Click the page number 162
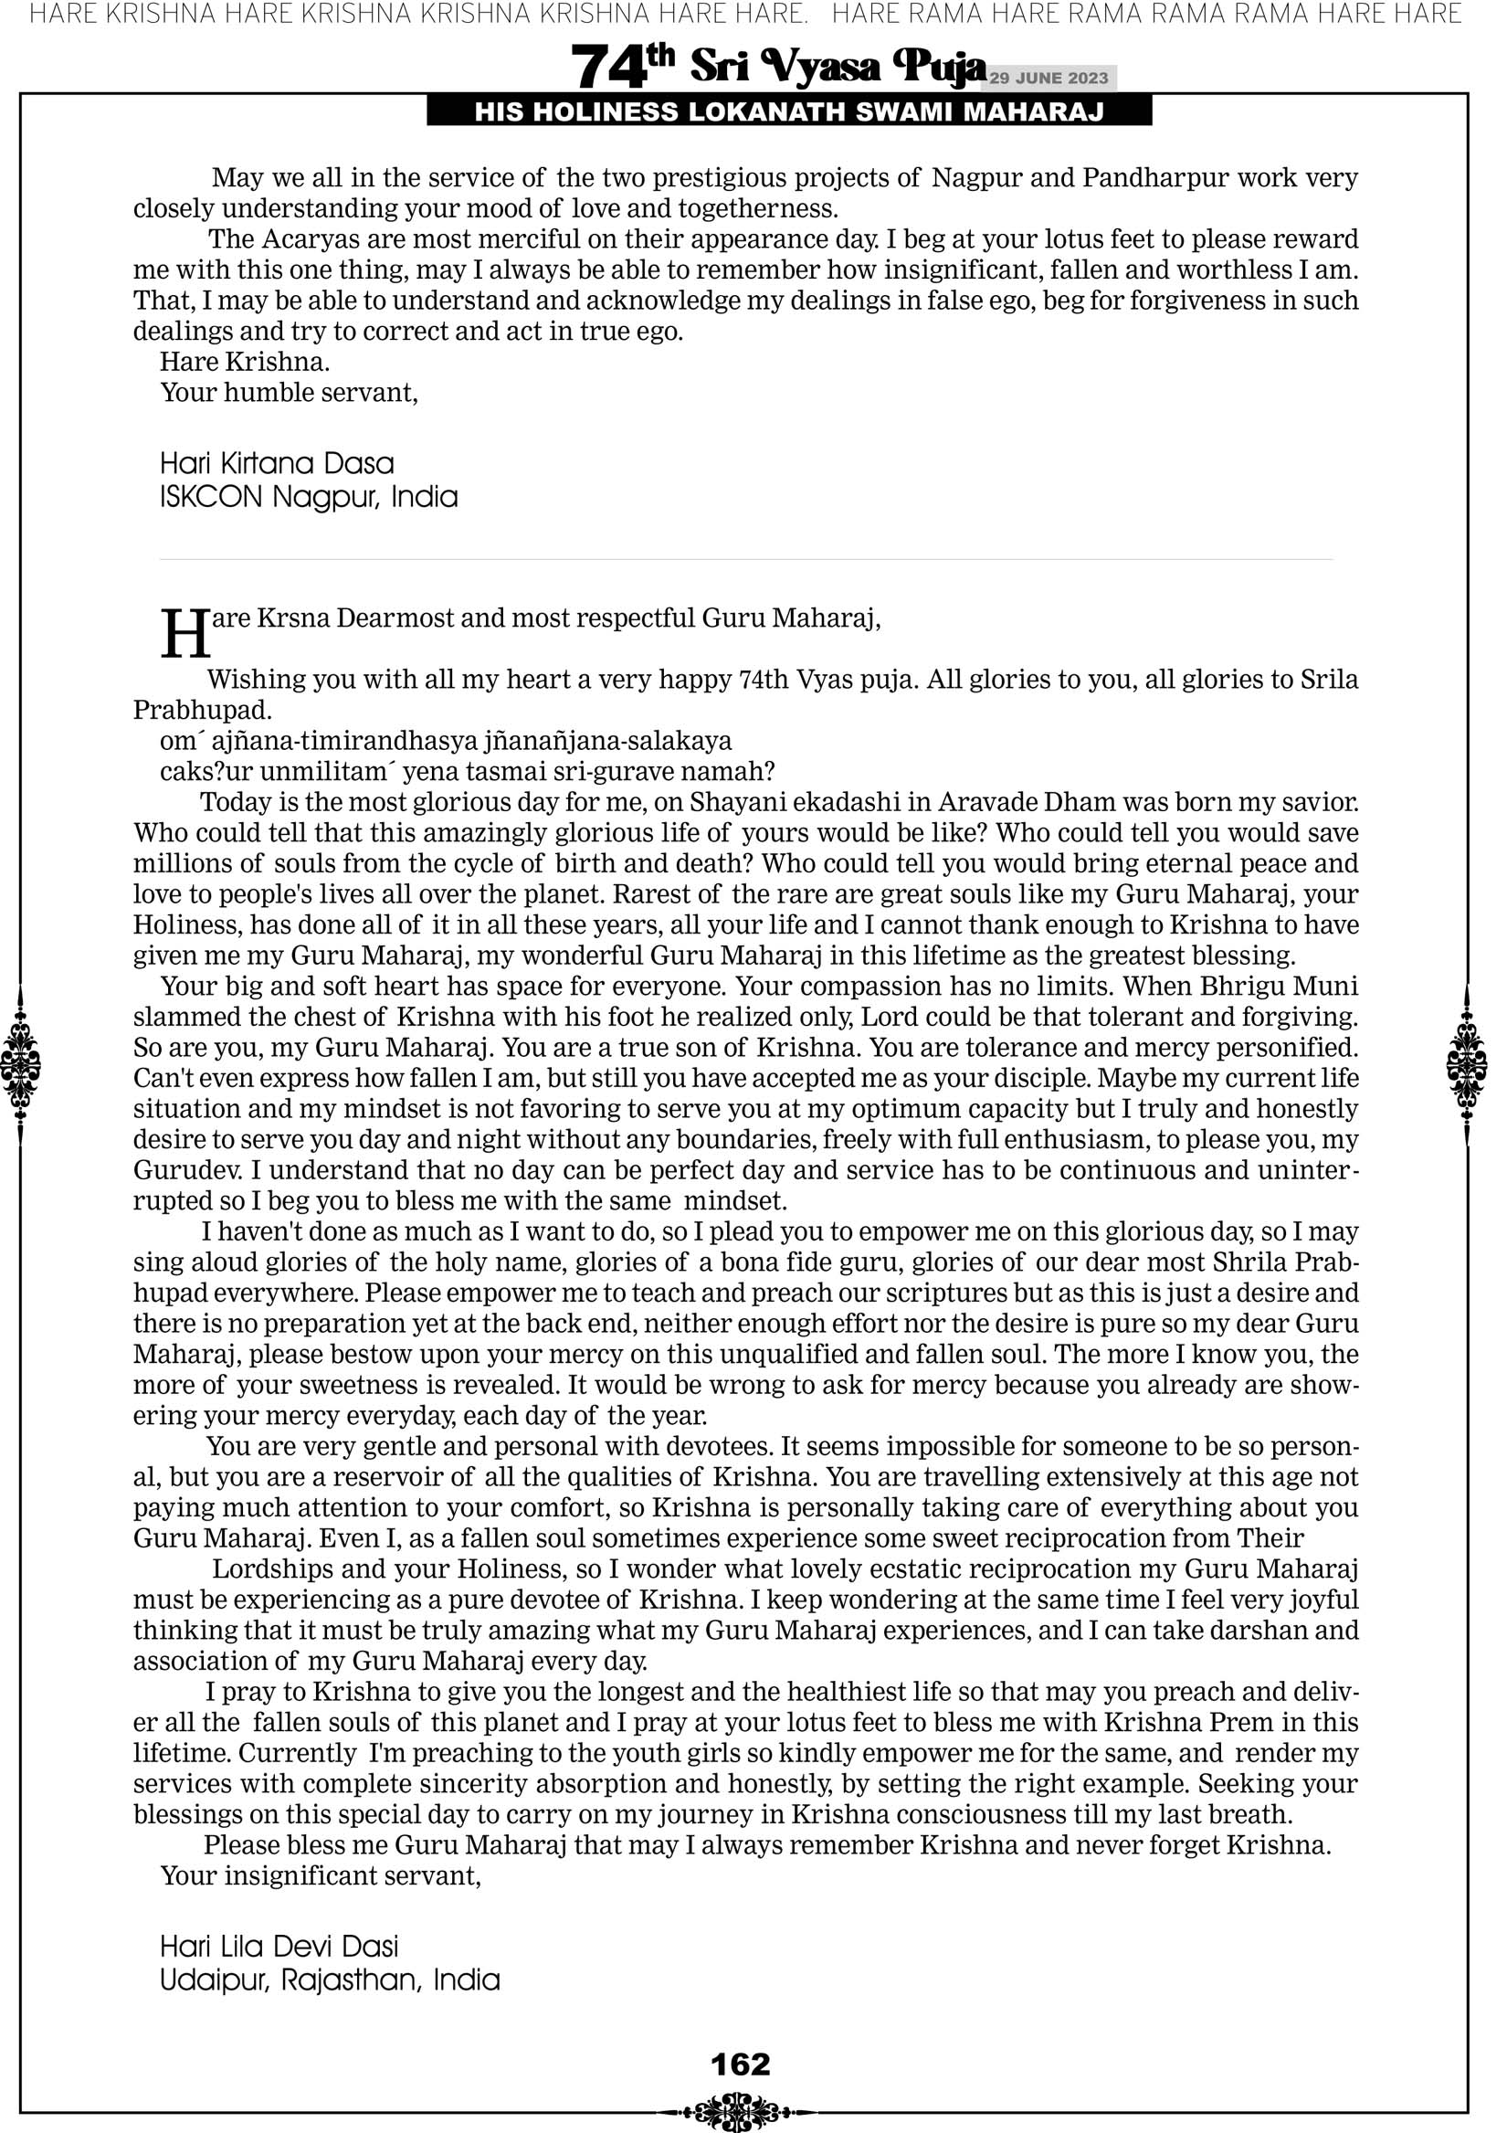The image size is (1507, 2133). (741, 2064)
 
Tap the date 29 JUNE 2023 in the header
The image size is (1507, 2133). (1048, 78)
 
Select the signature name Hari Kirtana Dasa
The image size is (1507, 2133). (277, 463)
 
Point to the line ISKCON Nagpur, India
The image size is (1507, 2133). (309, 497)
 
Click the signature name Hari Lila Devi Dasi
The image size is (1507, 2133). (279, 1947)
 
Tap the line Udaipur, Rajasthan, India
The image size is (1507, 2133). (330, 1980)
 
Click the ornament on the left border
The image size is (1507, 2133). (20, 1064)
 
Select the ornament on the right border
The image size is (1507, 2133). (1467, 1064)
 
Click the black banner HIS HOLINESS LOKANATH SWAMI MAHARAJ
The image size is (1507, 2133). (789, 112)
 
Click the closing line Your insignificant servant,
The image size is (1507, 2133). (321, 1875)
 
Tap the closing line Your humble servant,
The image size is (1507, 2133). (289, 393)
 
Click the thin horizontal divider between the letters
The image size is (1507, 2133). (745, 559)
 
